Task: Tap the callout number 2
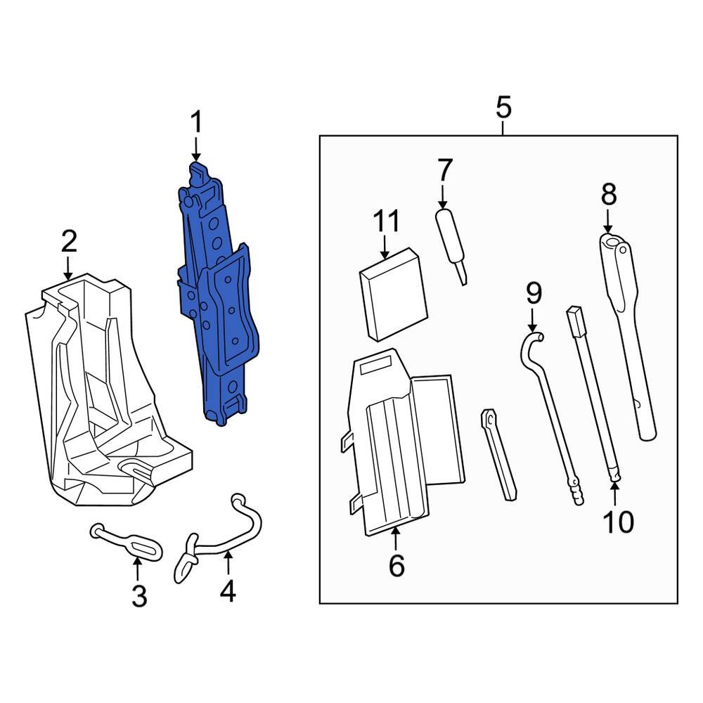(68, 243)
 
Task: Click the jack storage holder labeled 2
(105, 394)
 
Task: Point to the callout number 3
(139, 596)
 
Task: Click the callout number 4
(227, 592)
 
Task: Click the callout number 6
(396, 565)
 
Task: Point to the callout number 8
(608, 194)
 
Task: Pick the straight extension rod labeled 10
(594, 394)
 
